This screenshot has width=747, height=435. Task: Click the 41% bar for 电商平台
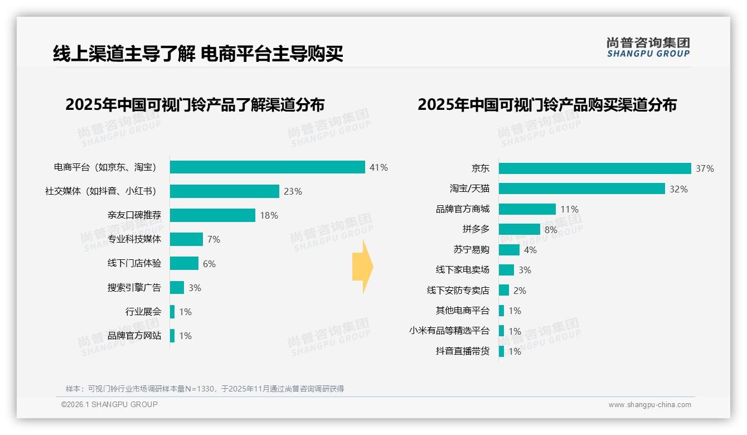click(x=268, y=167)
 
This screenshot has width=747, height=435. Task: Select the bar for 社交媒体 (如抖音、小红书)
click(x=224, y=191)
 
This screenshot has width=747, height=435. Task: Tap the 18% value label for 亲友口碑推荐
click(x=269, y=215)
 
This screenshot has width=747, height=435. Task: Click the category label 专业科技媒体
click(x=134, y=239)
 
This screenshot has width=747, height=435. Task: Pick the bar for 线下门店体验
click(x=184, y=263)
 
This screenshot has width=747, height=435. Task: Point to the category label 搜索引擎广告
click(x=134, y=288)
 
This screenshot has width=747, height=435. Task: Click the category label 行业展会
click(x=143, y=312)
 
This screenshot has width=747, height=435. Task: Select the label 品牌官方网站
click(x=134, y=336)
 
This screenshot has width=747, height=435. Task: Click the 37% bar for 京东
click(x=595, y=168)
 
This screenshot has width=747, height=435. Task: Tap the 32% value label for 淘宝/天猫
click(x=678, y=189)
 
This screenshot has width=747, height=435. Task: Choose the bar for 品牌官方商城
click(x=527, y=209)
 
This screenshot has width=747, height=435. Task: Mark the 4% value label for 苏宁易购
click(x=530, y=250)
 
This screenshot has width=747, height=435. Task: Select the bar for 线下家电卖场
click(x=506, y=270)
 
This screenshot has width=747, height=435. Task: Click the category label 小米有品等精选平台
click(x=449, y=331)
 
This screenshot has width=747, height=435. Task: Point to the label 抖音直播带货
click(x=462, y=351)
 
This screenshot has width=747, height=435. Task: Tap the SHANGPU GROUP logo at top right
click(x=648, y=47)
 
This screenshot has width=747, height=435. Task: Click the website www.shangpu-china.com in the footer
click(x=649, y=405)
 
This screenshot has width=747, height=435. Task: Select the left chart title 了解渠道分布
click(x=195, y=105)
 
